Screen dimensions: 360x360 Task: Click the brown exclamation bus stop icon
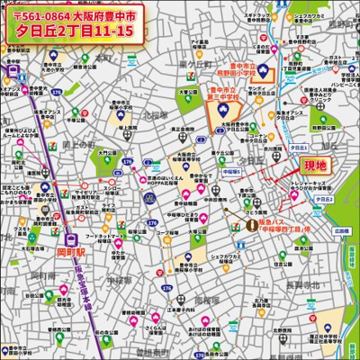251,224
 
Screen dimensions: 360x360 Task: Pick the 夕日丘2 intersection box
325,198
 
